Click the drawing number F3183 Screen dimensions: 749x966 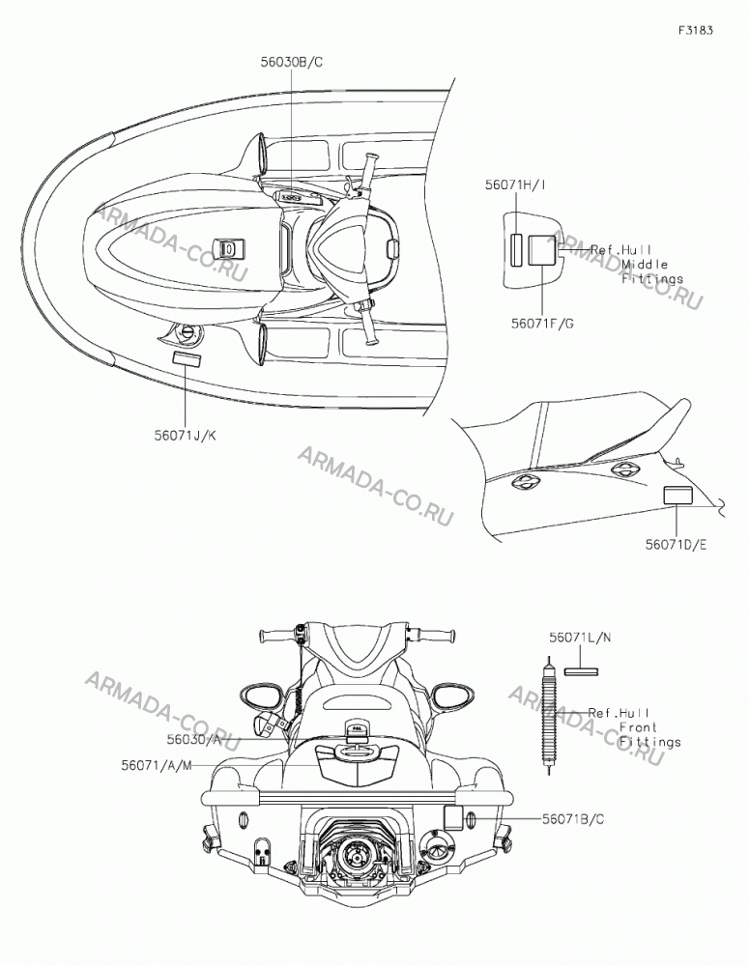(696, 30)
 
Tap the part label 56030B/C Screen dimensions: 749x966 (292, 62)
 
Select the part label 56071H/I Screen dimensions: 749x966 (515, 185)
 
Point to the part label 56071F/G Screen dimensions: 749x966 (542, 323)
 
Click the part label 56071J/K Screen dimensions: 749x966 (185, 435)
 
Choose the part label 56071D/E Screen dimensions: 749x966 (677, 545)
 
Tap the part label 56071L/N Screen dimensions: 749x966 (580, 638)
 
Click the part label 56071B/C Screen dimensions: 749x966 (573, 819)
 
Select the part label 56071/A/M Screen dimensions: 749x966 (157, 765)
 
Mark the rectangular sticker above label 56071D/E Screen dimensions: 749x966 (677, 495)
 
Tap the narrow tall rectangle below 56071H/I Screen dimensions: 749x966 (516, 251)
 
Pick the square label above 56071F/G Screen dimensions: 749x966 (543, 251)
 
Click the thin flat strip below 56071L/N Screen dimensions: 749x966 (583, 671)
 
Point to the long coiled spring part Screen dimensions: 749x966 (548, 715)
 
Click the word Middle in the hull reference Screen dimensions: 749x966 (645, 265)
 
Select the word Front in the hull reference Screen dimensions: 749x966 (638, 727)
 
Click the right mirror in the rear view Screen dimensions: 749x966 (453, 696)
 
